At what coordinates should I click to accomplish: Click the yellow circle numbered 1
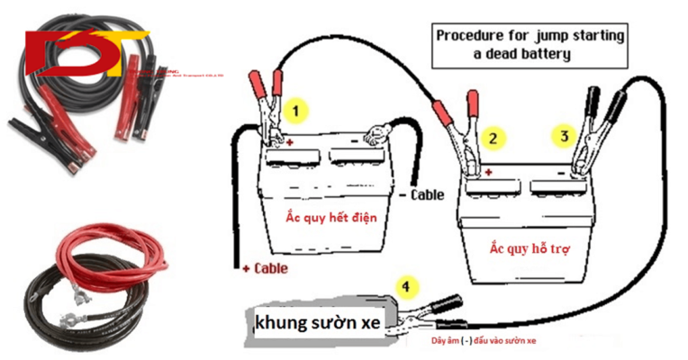pyautogui.click(x=297, y=111)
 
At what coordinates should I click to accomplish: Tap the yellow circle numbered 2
pyautogui.click(x=493, y=138)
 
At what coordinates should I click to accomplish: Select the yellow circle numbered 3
pyautogui.click(x=564, y=136)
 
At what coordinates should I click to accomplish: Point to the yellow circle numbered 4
pyautogui.click(x=409, y=287)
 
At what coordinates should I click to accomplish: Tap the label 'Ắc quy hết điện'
pyautogui.click(x=330, y=216)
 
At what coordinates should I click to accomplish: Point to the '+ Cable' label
pyautogui.click(x=265, y=268)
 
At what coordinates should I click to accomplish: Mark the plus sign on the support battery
pyautogui.click(x=488, y=171)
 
